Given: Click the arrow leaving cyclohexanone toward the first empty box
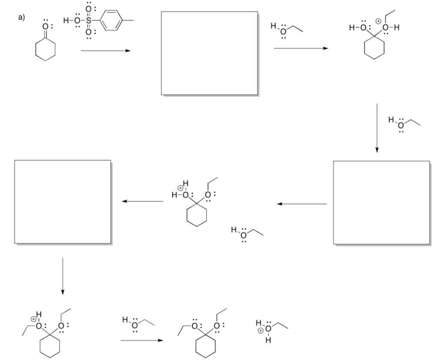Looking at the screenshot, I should click(x=105, y=51).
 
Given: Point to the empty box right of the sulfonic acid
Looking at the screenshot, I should click(x=209, y=53).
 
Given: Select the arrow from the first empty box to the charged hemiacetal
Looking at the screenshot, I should click(x=301, y=48).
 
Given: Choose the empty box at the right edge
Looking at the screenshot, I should click(x=381, y=202).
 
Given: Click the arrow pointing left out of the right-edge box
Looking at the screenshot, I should click(x=302, y=204).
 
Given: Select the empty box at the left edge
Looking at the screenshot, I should click(x=63, y=201).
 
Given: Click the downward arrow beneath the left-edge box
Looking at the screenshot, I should click(x=63, y=276).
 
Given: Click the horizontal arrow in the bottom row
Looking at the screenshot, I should click(x=142, y=341).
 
